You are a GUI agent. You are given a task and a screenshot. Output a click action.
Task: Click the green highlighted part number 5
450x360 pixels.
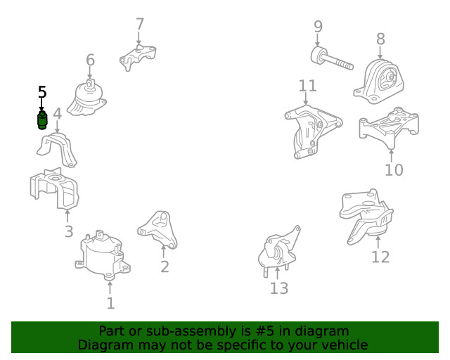click(42, 120)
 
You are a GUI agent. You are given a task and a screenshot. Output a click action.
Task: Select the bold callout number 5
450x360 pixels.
click(42, 92)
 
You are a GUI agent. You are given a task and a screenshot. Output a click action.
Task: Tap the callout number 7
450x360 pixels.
click(139, 24)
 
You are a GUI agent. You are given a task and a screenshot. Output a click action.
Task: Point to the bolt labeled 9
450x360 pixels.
click(331, 58)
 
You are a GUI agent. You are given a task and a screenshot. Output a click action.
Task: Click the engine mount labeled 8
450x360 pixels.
click(379, 82)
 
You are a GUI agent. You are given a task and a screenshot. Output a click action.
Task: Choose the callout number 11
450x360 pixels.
click(308, 86)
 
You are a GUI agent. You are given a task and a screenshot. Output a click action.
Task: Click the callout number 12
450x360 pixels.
click(380, 257)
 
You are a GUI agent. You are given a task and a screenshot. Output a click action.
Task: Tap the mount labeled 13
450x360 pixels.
click(278, 251)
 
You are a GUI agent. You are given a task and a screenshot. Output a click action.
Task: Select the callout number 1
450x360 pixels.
click(111, 303)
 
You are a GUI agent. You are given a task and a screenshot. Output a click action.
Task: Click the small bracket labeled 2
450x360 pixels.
click(157, 230)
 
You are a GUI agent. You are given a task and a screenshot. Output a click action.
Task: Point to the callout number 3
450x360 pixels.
click(69, 231)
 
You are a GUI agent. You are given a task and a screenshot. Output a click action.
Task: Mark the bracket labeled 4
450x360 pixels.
click(58, 150)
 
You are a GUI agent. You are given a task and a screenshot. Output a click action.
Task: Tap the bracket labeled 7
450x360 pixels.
click(138, 57)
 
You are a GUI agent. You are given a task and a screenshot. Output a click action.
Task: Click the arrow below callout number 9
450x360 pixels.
click(317, 39)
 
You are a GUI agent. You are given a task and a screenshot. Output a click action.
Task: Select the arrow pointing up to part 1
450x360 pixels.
click(110, 287)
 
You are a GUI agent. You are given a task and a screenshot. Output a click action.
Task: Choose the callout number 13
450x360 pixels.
click(279, 288)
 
